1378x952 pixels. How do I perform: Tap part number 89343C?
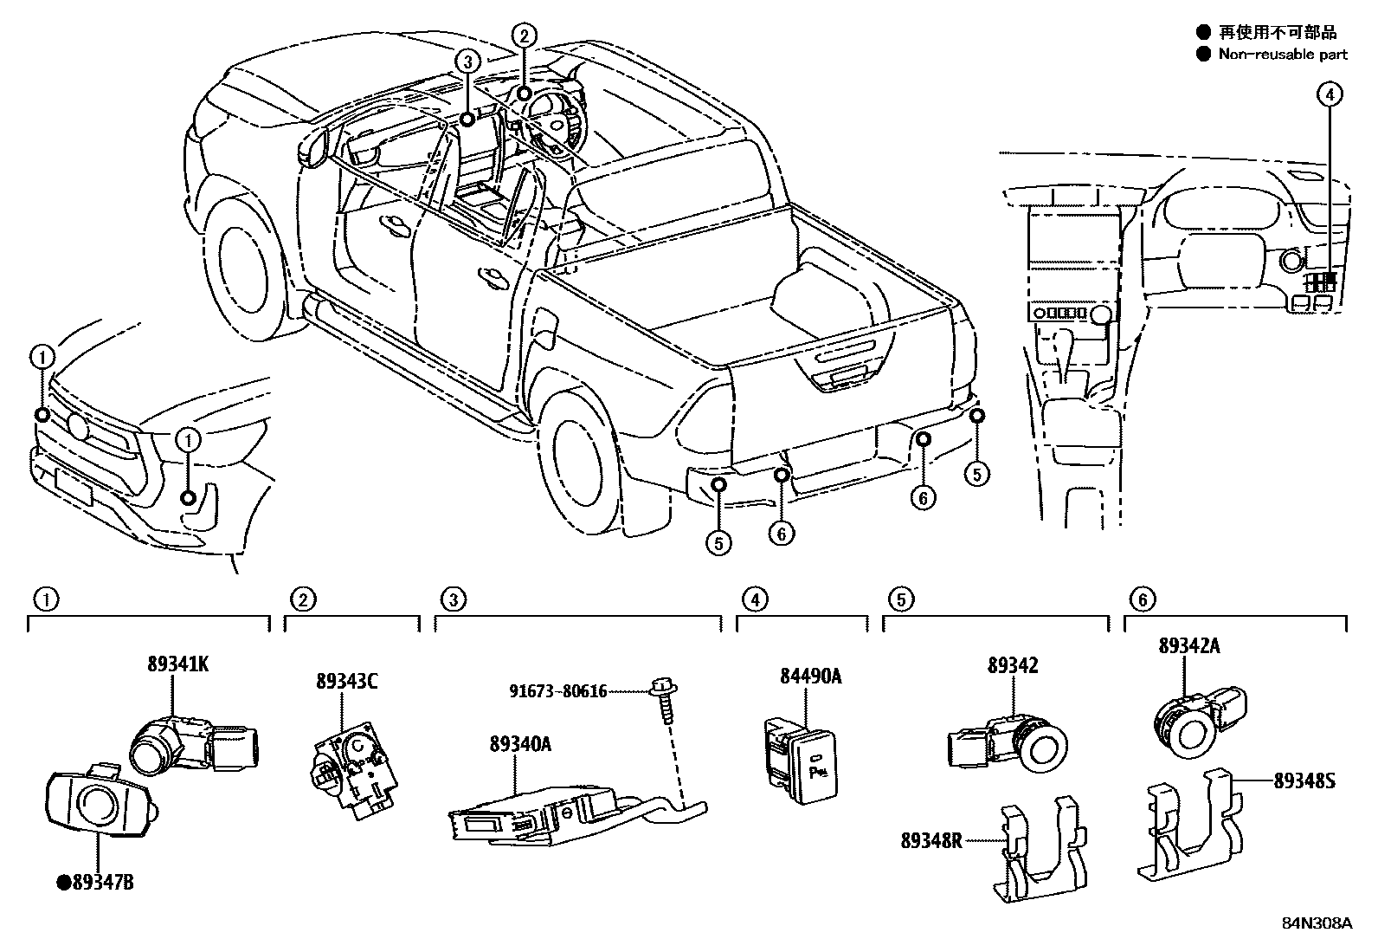[346, 682]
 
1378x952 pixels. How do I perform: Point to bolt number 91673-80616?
[557, 691]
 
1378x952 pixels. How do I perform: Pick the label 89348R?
[930, 839]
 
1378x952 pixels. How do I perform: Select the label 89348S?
[1304, 780]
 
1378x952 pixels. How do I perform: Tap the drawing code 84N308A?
[1317, 923]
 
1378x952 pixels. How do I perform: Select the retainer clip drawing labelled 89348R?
[1040, 853]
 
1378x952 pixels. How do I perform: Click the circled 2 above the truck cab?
[524, 36]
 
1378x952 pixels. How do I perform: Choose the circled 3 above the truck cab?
[467, 62]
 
